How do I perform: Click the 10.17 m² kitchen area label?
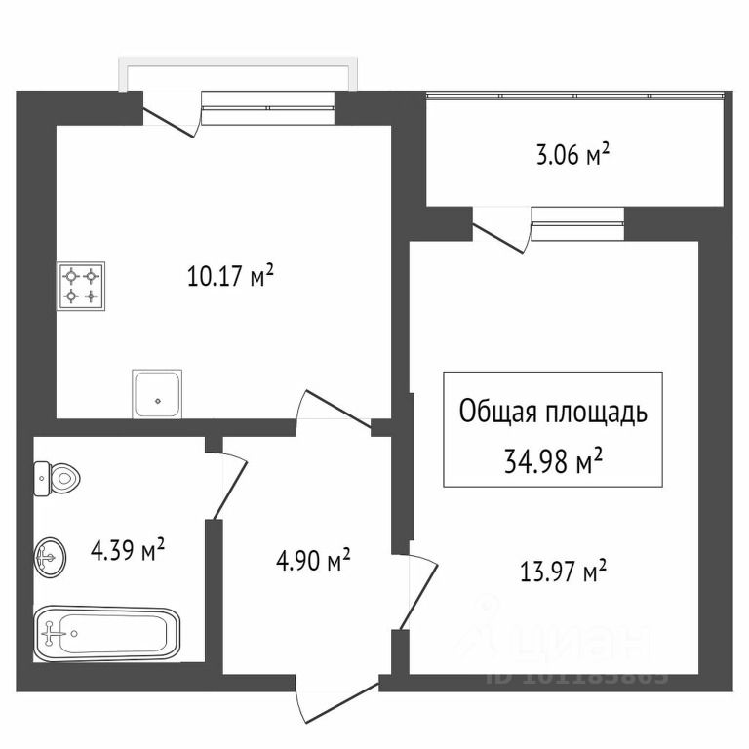pyautogui.click(x=229, y=277)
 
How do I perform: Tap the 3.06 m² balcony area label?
pyautogui.click(x=572, y=154)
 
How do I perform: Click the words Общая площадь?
pyautogui.click(x=552, y=412)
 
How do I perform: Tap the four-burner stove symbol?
pyautogui.click(x=82, y=287)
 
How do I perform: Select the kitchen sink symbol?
pyautogui.click(x=157, y=392)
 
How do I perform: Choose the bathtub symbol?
pyautogui.click(x=107, y=633)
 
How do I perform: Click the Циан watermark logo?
pyautogui.click(x=556, y=639)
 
